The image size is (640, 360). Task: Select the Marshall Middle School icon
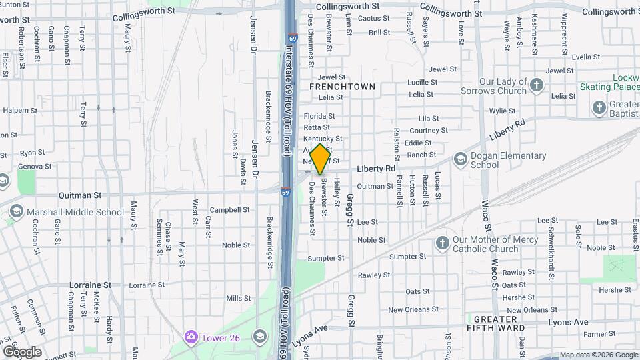coord(17,212)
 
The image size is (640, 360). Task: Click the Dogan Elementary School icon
coord(460,159)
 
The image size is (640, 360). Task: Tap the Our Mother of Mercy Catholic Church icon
coord(442,243)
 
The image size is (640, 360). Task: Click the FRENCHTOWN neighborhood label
coord(342,87)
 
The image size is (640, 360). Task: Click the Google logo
coord(22,351)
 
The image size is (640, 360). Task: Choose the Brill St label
coord(379,32)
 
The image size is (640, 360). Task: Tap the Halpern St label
coord(20,110)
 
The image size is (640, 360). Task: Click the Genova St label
coord(35,166)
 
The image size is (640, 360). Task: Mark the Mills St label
coord(238,298)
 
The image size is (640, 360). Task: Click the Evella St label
coord(577,57)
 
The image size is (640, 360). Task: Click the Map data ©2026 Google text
coord(598,355)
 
